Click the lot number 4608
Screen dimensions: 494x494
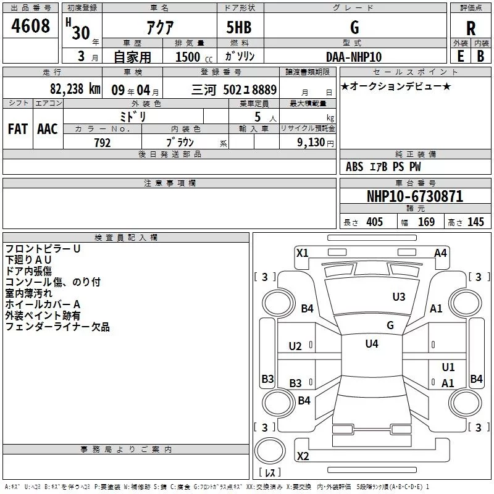click(30, 27)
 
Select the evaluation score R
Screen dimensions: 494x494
click(471, 28)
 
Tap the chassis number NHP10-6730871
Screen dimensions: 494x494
click(415, 196)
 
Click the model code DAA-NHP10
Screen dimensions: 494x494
click(354, 57)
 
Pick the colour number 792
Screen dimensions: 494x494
click(102, 143)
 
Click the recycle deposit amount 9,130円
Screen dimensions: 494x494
click(316, 143)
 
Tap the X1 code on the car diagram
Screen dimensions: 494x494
click(303, 252)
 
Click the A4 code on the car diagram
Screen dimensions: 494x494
click(440, 253)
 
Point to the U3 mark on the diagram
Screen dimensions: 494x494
click(399, 297)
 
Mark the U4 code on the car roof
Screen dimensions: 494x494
click(372, 344)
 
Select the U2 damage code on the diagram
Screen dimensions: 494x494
click(295, 346)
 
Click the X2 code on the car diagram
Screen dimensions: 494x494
click(303, 456)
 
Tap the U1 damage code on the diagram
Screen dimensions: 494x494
click(448, 367)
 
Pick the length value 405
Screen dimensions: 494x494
click(374, 222)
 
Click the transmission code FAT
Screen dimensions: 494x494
click(17, 128)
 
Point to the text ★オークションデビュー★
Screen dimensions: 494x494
click(396, 86)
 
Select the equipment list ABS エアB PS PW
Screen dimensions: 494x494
click(384, 167)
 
